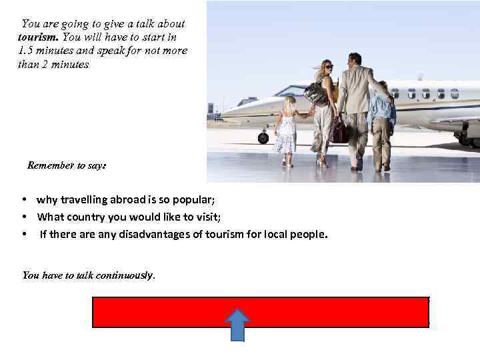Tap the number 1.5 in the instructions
point(25,51)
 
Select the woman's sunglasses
point(329,67)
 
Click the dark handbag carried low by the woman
point(340,131)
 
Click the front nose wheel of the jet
point(263,138)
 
